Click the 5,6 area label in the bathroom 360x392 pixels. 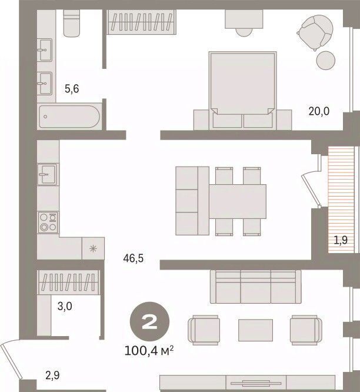[72, 89]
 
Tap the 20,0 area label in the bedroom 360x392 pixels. [319, 111]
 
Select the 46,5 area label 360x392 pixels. [133, 258]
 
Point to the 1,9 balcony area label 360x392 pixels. [341, 240]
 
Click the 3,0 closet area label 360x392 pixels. [65, 306]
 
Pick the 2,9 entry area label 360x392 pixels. [52, 376]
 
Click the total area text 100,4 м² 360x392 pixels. [149, 351]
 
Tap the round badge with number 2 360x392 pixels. [149, 321]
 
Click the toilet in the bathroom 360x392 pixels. [72, 24]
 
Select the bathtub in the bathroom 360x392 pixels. [69, 117]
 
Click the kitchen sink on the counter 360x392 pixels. [47, 174]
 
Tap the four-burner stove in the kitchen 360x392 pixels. [48, 222]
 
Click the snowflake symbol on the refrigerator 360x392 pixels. [93, 248]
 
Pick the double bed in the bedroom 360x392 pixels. [242, 91]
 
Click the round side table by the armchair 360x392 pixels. [325, 60]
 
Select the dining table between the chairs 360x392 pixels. [238, 201]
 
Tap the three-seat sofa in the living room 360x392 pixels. [255, 287]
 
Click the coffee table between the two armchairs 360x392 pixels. [255, 330]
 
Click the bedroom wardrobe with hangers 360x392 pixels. [142, 22]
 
